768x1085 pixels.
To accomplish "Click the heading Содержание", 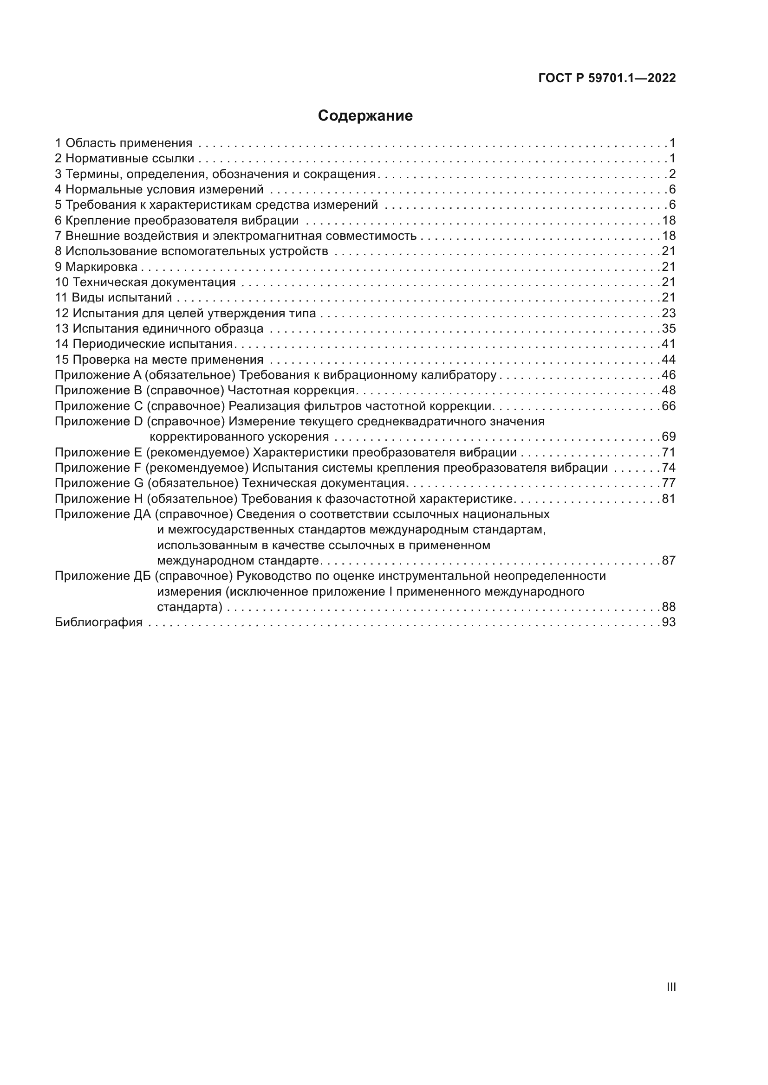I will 365,116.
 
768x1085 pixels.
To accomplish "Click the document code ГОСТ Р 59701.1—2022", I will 607,78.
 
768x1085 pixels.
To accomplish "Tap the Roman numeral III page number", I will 670,987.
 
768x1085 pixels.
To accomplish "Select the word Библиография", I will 98,623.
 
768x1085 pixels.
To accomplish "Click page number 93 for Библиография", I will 669,623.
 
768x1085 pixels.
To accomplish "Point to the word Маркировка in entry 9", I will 101,267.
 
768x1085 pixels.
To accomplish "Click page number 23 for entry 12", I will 669,313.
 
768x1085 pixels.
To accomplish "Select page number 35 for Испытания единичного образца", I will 669,328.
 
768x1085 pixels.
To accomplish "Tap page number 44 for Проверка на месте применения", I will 669,360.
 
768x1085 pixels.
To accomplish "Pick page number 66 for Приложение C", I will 669,406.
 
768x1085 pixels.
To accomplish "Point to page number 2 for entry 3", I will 672,174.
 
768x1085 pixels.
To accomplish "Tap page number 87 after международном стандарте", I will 669,560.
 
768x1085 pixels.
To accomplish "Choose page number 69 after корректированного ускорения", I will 669,437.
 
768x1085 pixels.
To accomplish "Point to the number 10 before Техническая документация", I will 61,282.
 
